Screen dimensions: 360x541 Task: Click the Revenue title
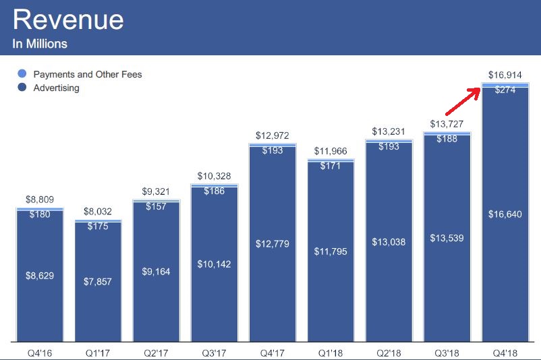click(68, 20)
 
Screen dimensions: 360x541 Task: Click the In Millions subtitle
click(40, 44)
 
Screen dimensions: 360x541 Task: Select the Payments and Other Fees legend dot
click(22, 74)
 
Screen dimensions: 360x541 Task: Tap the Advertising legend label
click(56, 88)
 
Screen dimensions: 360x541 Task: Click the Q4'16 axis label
click(39, 352)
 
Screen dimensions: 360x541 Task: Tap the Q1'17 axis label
click(98, 352)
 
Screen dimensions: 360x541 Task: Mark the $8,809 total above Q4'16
click(39, 200)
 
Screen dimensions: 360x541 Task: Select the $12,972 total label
click(273, 136)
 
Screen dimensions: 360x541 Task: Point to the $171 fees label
click(331, 165)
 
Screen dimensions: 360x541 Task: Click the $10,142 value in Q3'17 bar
click(214, 264)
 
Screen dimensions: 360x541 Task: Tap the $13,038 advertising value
click(389, 241)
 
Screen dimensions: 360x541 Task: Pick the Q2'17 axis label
click(156, 352)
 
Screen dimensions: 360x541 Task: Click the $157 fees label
click(156, 206)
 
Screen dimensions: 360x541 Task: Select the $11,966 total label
click(331, 151)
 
